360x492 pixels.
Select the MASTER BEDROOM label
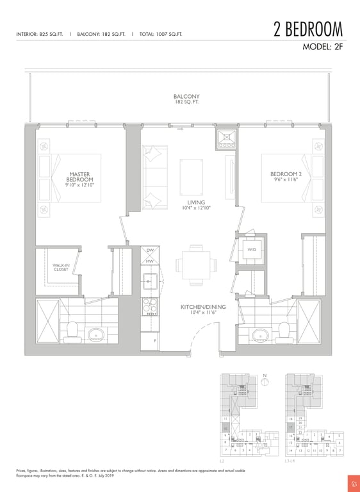tap(81, 176)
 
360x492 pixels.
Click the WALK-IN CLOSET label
tap(61, 266)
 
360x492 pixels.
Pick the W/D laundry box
tap(251, 250)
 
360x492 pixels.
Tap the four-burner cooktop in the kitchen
tap(150, 306)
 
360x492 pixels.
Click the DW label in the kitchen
tap(150, 250)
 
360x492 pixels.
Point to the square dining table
tap(195, 263)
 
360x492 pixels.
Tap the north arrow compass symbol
tap(264, 383)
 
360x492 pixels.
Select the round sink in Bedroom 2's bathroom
tap(261, 335)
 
